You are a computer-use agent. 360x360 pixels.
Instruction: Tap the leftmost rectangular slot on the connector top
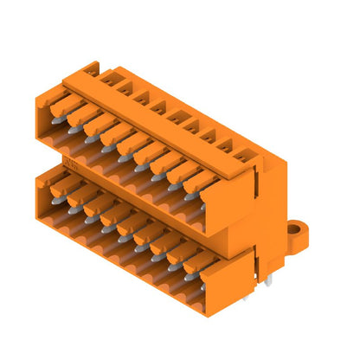pyautogui.click(x=91, y=72)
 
